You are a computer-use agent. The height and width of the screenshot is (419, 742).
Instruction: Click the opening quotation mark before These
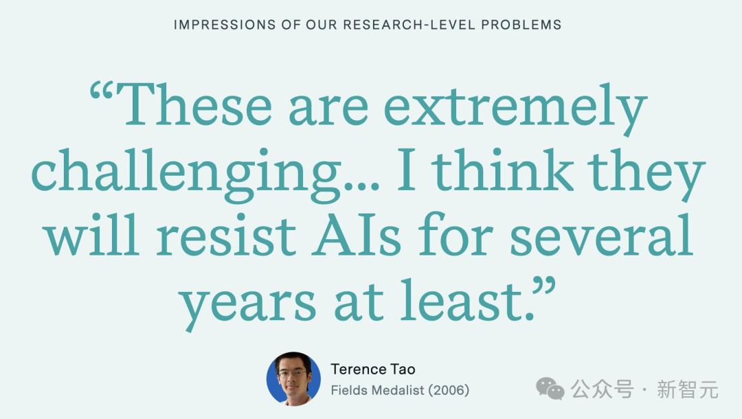[101, 91]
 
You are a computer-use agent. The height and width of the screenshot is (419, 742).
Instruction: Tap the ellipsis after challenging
[362, 185]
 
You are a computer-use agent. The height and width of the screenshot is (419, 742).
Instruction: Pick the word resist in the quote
[226, 234]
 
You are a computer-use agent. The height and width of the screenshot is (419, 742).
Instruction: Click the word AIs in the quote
[358, 234]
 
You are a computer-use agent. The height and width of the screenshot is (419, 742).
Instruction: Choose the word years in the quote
[248, 304]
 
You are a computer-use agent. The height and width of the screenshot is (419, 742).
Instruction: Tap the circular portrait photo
[293, 378]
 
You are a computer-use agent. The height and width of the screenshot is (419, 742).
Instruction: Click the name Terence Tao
[373, 369]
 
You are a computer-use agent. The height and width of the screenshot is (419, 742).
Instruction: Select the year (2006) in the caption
[449, 390]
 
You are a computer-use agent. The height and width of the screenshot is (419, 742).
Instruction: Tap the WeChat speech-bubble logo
[550, 389]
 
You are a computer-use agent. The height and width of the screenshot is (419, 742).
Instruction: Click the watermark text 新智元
[688, 389]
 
